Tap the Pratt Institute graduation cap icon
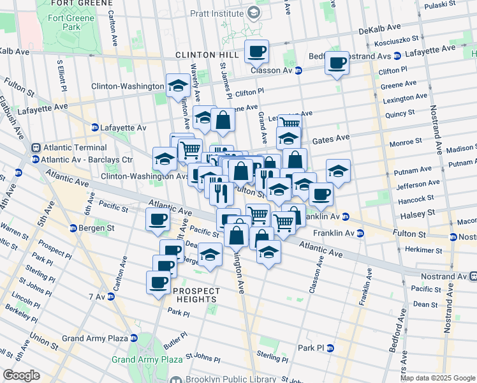pyautogui.click(x=254, y=13)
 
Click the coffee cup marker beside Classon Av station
pyautogui.click(x=256, y=51)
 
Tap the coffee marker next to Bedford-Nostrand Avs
pyautogui.click(x=337, y=63)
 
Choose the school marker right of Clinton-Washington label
pyautogui.click(x=177, y=86)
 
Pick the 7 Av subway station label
pyautogui.click(x=97, y=297)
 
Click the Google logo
pyautogui.click(x=21, y=375)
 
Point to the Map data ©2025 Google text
pyautogui.click(x=437, y=378)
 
